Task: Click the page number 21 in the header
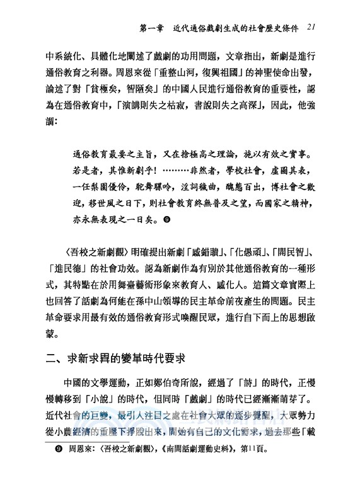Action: pyautogui.click(x=313, y=28)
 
